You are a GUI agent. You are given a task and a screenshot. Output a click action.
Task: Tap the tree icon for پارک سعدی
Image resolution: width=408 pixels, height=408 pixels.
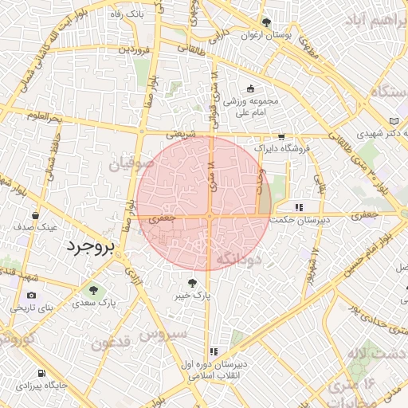point(94,290)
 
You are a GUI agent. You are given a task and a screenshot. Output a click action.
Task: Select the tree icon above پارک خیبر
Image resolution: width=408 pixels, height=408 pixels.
point(191,282)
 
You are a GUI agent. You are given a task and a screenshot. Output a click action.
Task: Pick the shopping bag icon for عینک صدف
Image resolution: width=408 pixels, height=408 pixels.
point(35,215)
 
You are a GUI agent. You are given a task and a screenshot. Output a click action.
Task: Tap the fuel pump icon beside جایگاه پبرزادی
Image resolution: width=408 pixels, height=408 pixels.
point(39,373)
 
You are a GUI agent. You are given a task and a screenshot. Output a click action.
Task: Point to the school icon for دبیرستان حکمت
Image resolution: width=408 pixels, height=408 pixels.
point(299,207)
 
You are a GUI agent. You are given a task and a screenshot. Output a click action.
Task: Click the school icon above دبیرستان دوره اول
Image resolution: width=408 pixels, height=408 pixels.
point(213,351)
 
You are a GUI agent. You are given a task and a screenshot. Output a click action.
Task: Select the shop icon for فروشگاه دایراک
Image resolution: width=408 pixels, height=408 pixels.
point(280,137)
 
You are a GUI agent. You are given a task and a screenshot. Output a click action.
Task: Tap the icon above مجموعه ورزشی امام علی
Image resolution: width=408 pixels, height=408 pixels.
point(252,88)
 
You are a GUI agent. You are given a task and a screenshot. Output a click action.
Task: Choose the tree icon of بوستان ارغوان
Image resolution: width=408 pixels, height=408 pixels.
point(266,22)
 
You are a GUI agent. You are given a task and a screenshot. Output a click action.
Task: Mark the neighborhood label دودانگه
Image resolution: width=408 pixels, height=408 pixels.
point(238,258)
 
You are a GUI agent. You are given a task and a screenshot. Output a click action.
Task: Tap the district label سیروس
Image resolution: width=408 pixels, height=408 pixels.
point(163,335)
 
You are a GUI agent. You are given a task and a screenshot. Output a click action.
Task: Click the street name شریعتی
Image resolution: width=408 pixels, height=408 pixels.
point(180,135)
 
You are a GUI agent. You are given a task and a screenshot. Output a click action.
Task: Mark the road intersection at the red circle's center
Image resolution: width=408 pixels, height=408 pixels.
point(208,215)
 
